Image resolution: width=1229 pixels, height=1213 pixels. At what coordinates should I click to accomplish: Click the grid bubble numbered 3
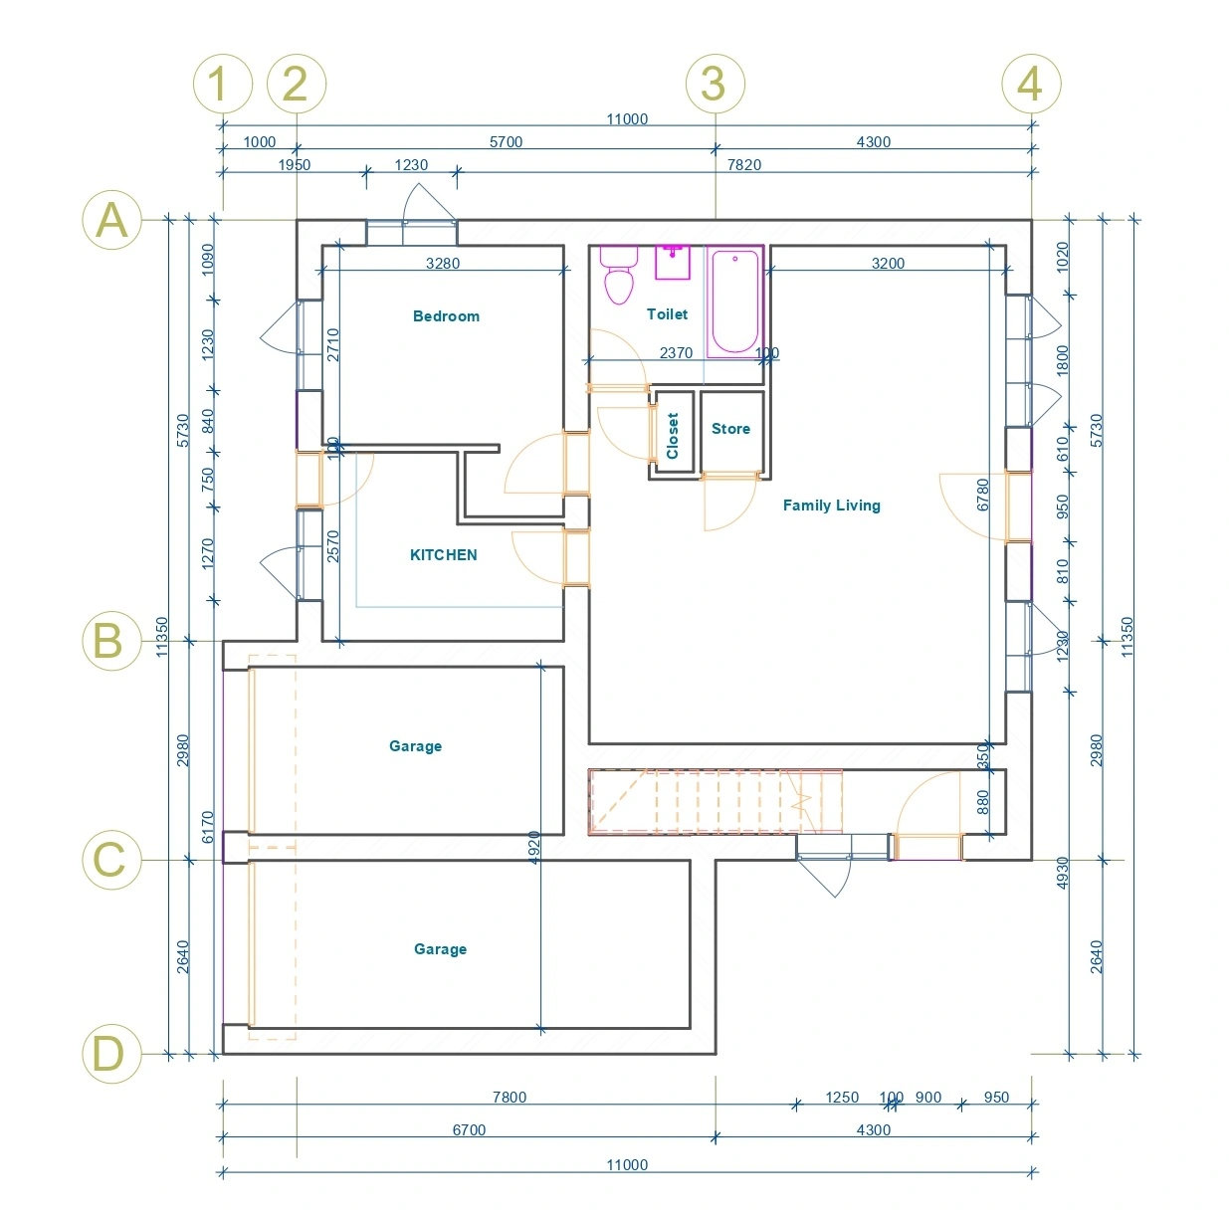pyautogui.click(x=715, y=84)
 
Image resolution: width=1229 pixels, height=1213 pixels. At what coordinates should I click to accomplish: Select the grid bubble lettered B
pyautogui.click(x=110, y=641)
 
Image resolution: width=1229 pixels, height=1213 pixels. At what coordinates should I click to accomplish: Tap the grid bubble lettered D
pyautogui.click(x=110, y=1054)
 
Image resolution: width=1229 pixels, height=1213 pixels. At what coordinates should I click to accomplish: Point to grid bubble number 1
pyautogui.click(x=222, y=84)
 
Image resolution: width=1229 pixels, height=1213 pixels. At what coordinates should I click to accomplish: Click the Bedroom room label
pyautogui.click(x=446, y=316)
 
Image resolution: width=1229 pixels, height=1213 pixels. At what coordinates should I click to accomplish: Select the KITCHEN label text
pyautogui.click(x=443, y=555)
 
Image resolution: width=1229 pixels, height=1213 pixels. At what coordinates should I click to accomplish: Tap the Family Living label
pyautogui.click(x=831, y=505)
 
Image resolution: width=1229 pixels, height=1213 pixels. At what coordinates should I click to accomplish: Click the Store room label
pyautogui.click(x=730, y=429)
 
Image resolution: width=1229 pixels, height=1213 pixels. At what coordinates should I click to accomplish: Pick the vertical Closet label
pyautogui.click(x=673, y=436)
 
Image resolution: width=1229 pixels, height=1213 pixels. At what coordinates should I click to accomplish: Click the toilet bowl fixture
pyautogui.click(x=619, y=279)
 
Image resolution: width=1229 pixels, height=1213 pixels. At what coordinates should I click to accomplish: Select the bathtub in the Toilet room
pyautogui.click(x=734, y=302)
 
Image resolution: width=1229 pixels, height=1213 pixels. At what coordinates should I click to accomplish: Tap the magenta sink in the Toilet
pyautogui.click(x=673, y=262)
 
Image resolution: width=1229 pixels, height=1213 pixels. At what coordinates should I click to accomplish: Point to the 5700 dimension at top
pyautogui.click(x=506, y=142)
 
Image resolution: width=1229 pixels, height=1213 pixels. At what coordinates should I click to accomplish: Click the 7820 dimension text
pyautogui.click(x=743, y=165)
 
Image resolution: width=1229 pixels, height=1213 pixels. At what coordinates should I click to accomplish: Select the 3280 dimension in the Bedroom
pyautogui.click(x=443, y=264)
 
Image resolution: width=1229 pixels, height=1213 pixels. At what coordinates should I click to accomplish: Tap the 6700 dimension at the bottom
pyautogui.click(x=469, y=1130)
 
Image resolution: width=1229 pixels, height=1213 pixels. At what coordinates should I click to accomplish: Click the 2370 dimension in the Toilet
pyautogui.click(x=676, y=353)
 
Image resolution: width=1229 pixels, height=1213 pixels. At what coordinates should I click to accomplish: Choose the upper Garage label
pyautogui.click(x=415, y=746)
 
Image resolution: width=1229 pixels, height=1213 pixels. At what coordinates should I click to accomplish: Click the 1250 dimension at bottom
pyautogui.click(x=841, y=1098)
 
